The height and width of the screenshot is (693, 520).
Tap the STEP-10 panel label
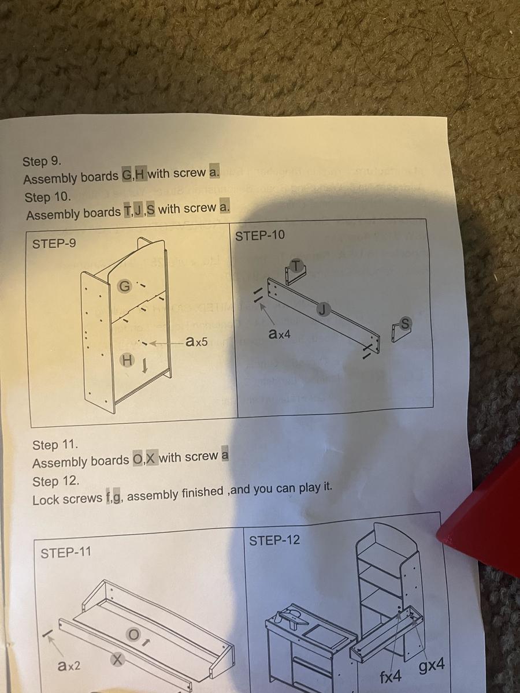coord(260,236)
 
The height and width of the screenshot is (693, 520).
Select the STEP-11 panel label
coord(66,553)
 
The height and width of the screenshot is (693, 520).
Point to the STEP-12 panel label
coord(274,541)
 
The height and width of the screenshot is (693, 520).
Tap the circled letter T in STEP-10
coord(296,264)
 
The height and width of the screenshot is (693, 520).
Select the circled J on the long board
coord(324,310)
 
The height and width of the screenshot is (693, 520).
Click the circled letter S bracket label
coord(406,325)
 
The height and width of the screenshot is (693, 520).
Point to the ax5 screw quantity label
coord(196,342)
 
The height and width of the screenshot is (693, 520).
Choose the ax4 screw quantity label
coord(280,334)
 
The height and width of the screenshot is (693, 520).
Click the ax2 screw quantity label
coord(69,666)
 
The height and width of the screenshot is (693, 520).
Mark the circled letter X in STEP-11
coord(117,658)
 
